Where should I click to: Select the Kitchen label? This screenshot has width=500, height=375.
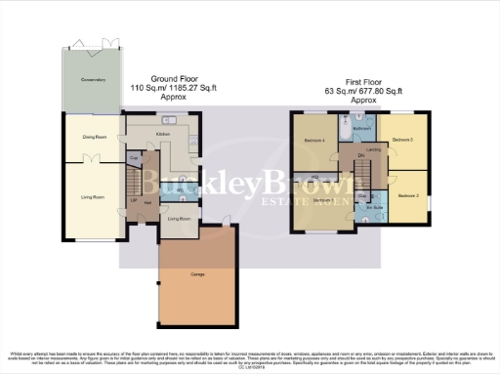pyautogui.click(x=163, y=133)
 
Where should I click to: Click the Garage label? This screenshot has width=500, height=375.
pyautogui.click(x=198, y=274)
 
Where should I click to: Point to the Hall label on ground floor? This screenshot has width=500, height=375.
pyautogui.click(x=147, y=202)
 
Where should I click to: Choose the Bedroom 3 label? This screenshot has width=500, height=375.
pyautogui.click(x=403, y=141)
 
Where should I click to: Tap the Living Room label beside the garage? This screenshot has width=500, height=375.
pyautogui.click(x=179, y=219)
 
